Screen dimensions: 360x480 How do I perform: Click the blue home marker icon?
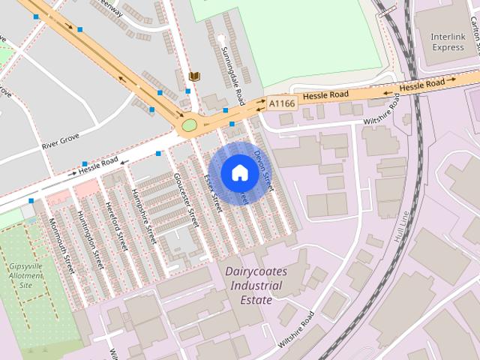[239, 173]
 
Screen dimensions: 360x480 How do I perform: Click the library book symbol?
[195, 76]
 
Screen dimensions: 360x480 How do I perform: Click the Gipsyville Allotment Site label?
[25, 275]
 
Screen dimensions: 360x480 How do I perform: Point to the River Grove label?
[60, 142]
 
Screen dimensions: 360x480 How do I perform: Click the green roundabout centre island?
[189, 124]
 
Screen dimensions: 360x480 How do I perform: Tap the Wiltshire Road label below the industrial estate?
[295, 328]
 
